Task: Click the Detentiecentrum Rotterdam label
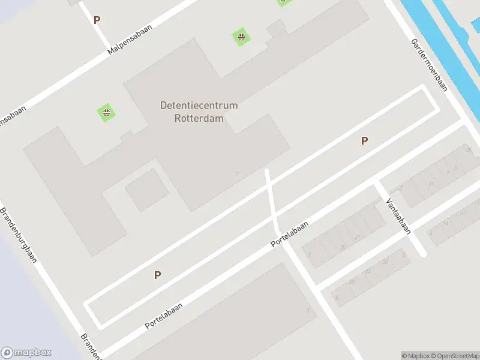pos(199,112)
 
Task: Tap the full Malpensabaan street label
pos(130,40)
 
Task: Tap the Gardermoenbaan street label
pos(429,65)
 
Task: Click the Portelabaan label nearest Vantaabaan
pos(289,233)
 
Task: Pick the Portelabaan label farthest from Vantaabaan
pos(163,315)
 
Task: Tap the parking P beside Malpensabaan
pos(97,20)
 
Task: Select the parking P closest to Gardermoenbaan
pos(364,141)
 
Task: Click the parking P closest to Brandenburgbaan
pos(157,275)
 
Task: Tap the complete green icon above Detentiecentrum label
pos(241,38)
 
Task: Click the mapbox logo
pos(26,353)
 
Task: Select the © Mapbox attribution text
pos(416,356)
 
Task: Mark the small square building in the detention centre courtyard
pos(146,190)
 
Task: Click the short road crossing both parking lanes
pos(271,201)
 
